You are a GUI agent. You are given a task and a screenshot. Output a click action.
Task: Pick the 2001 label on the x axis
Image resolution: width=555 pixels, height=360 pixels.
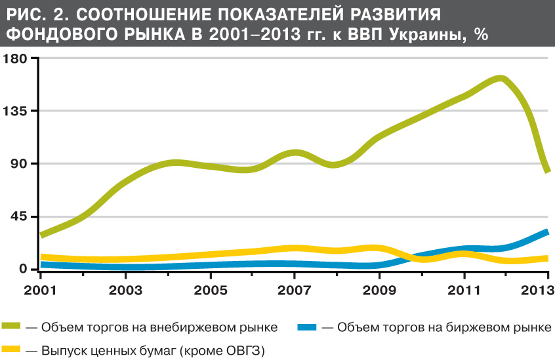click(x=41, y=289)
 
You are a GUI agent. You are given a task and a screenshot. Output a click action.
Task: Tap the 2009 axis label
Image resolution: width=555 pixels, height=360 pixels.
click(x=379, y=289)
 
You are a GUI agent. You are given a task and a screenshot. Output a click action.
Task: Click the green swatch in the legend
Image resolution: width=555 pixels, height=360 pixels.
click(x=12, y=327)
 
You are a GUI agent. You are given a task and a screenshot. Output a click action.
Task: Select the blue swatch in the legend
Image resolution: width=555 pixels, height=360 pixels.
click(x=307, y=327)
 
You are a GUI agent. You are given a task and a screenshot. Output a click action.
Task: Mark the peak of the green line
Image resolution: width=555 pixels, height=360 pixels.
click(x=500, y=79)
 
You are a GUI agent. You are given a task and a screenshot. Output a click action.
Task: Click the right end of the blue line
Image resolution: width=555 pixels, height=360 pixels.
click(x=547, y=231)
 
